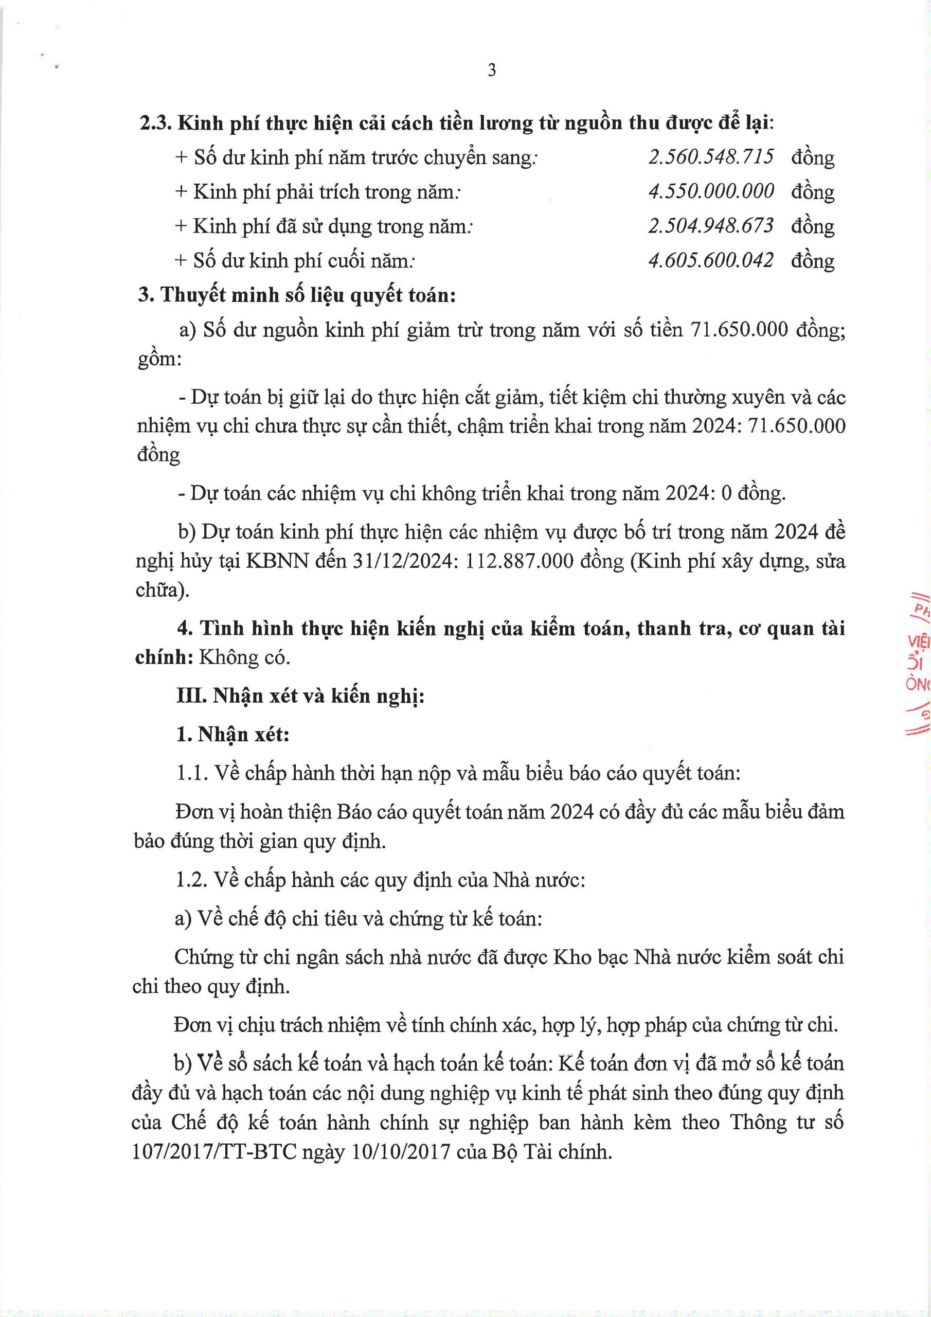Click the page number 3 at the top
click(492, 70)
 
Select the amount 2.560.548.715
click(711, 156)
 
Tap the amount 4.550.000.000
click(711, 191)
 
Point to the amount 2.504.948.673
click(711, 225)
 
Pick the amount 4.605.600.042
click(711, 260)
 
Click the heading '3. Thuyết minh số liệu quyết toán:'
click(297, 295)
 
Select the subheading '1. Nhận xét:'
click(233, 734)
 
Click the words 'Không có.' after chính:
click(244, 657)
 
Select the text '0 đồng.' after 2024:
click(753, 493)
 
